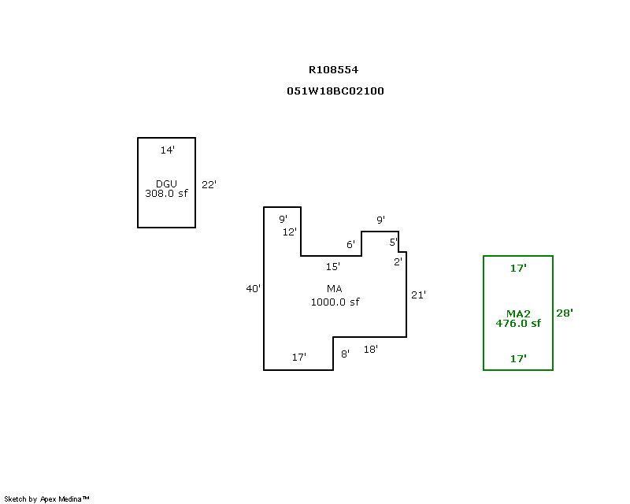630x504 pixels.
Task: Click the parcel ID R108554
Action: point(333,70)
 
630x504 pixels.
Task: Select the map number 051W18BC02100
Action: point(335,91)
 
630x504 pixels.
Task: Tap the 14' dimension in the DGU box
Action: point(167,150)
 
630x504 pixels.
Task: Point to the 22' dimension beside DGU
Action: point(209,184)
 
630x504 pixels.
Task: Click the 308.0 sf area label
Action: point(166,193)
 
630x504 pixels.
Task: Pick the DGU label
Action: point(166,183)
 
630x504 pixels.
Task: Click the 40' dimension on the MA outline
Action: point(253,288)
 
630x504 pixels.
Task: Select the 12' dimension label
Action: point(289,232)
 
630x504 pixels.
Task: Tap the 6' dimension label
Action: point(350,244)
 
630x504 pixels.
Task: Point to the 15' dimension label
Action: point(332,266)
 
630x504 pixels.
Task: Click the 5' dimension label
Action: point(393,242)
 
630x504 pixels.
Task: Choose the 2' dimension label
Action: point(398,262)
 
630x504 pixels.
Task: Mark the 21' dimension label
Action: point(418,295)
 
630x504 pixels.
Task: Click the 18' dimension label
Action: point(370,350)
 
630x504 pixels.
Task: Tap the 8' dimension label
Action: point(345,354)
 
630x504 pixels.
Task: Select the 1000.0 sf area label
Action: point(335,302)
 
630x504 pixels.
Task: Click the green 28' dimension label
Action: point(565,313)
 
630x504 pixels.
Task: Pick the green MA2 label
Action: point(518,313)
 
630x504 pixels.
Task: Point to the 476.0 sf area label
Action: point(518,323)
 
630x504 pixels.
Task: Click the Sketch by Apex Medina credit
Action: point(46,498)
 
